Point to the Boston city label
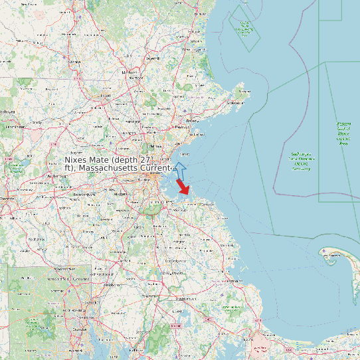tap(158, 173)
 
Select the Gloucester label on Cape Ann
tap(234, 103)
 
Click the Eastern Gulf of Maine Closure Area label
tap(343, 133)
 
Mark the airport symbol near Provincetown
tap(323, 251)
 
